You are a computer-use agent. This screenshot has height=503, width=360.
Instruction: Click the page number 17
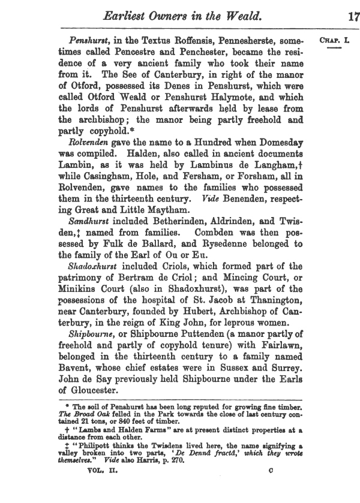click(353, 15)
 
